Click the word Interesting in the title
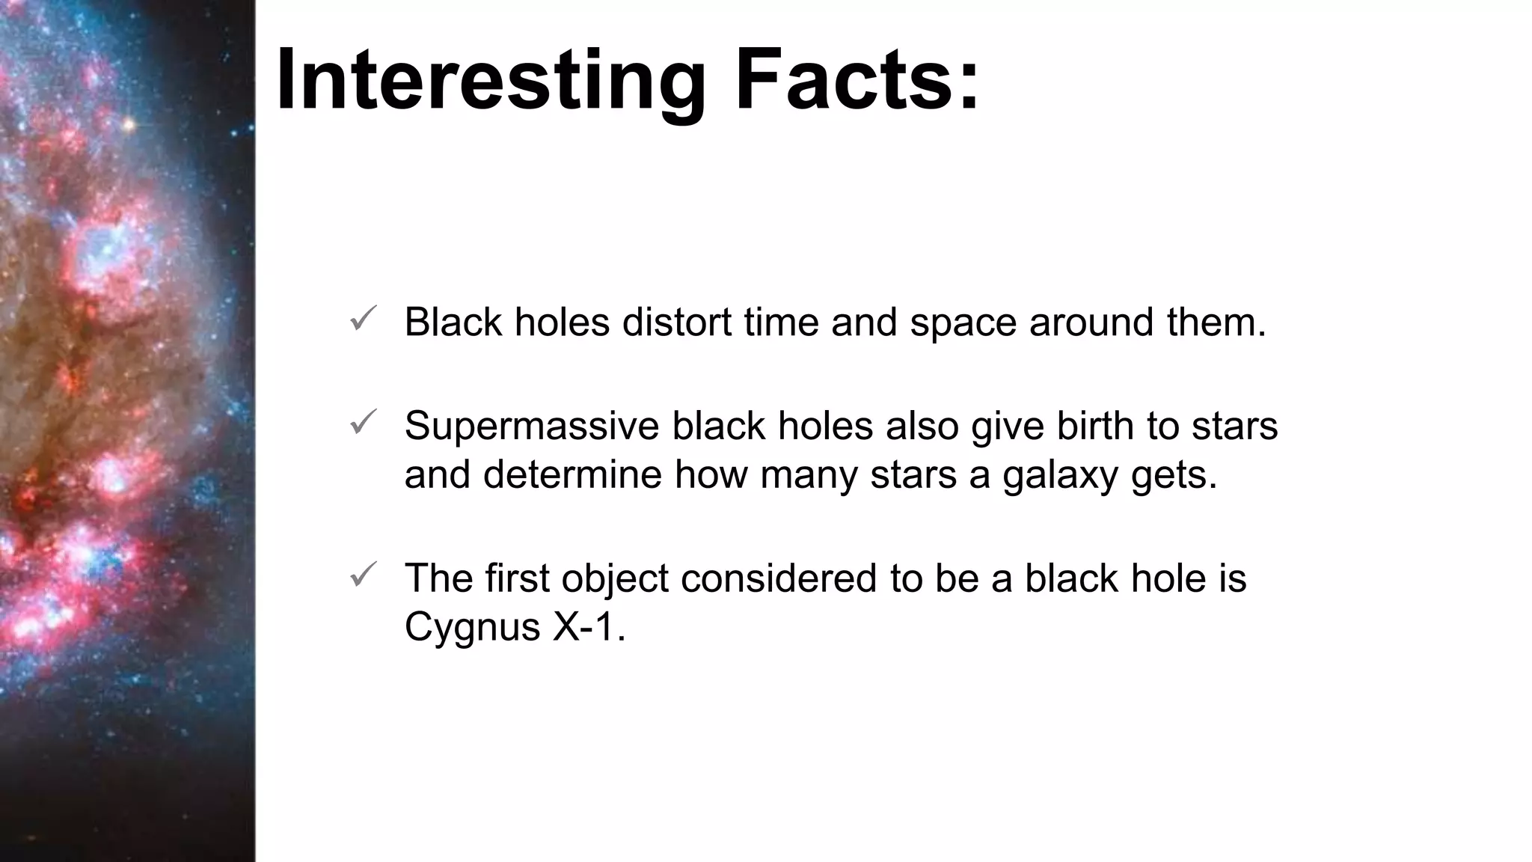coord(491,81)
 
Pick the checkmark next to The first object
coord(363,575)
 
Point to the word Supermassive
coord(531,427)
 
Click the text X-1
coord(588,626)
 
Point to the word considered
coord(778,578)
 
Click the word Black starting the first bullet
coord(453,323)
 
